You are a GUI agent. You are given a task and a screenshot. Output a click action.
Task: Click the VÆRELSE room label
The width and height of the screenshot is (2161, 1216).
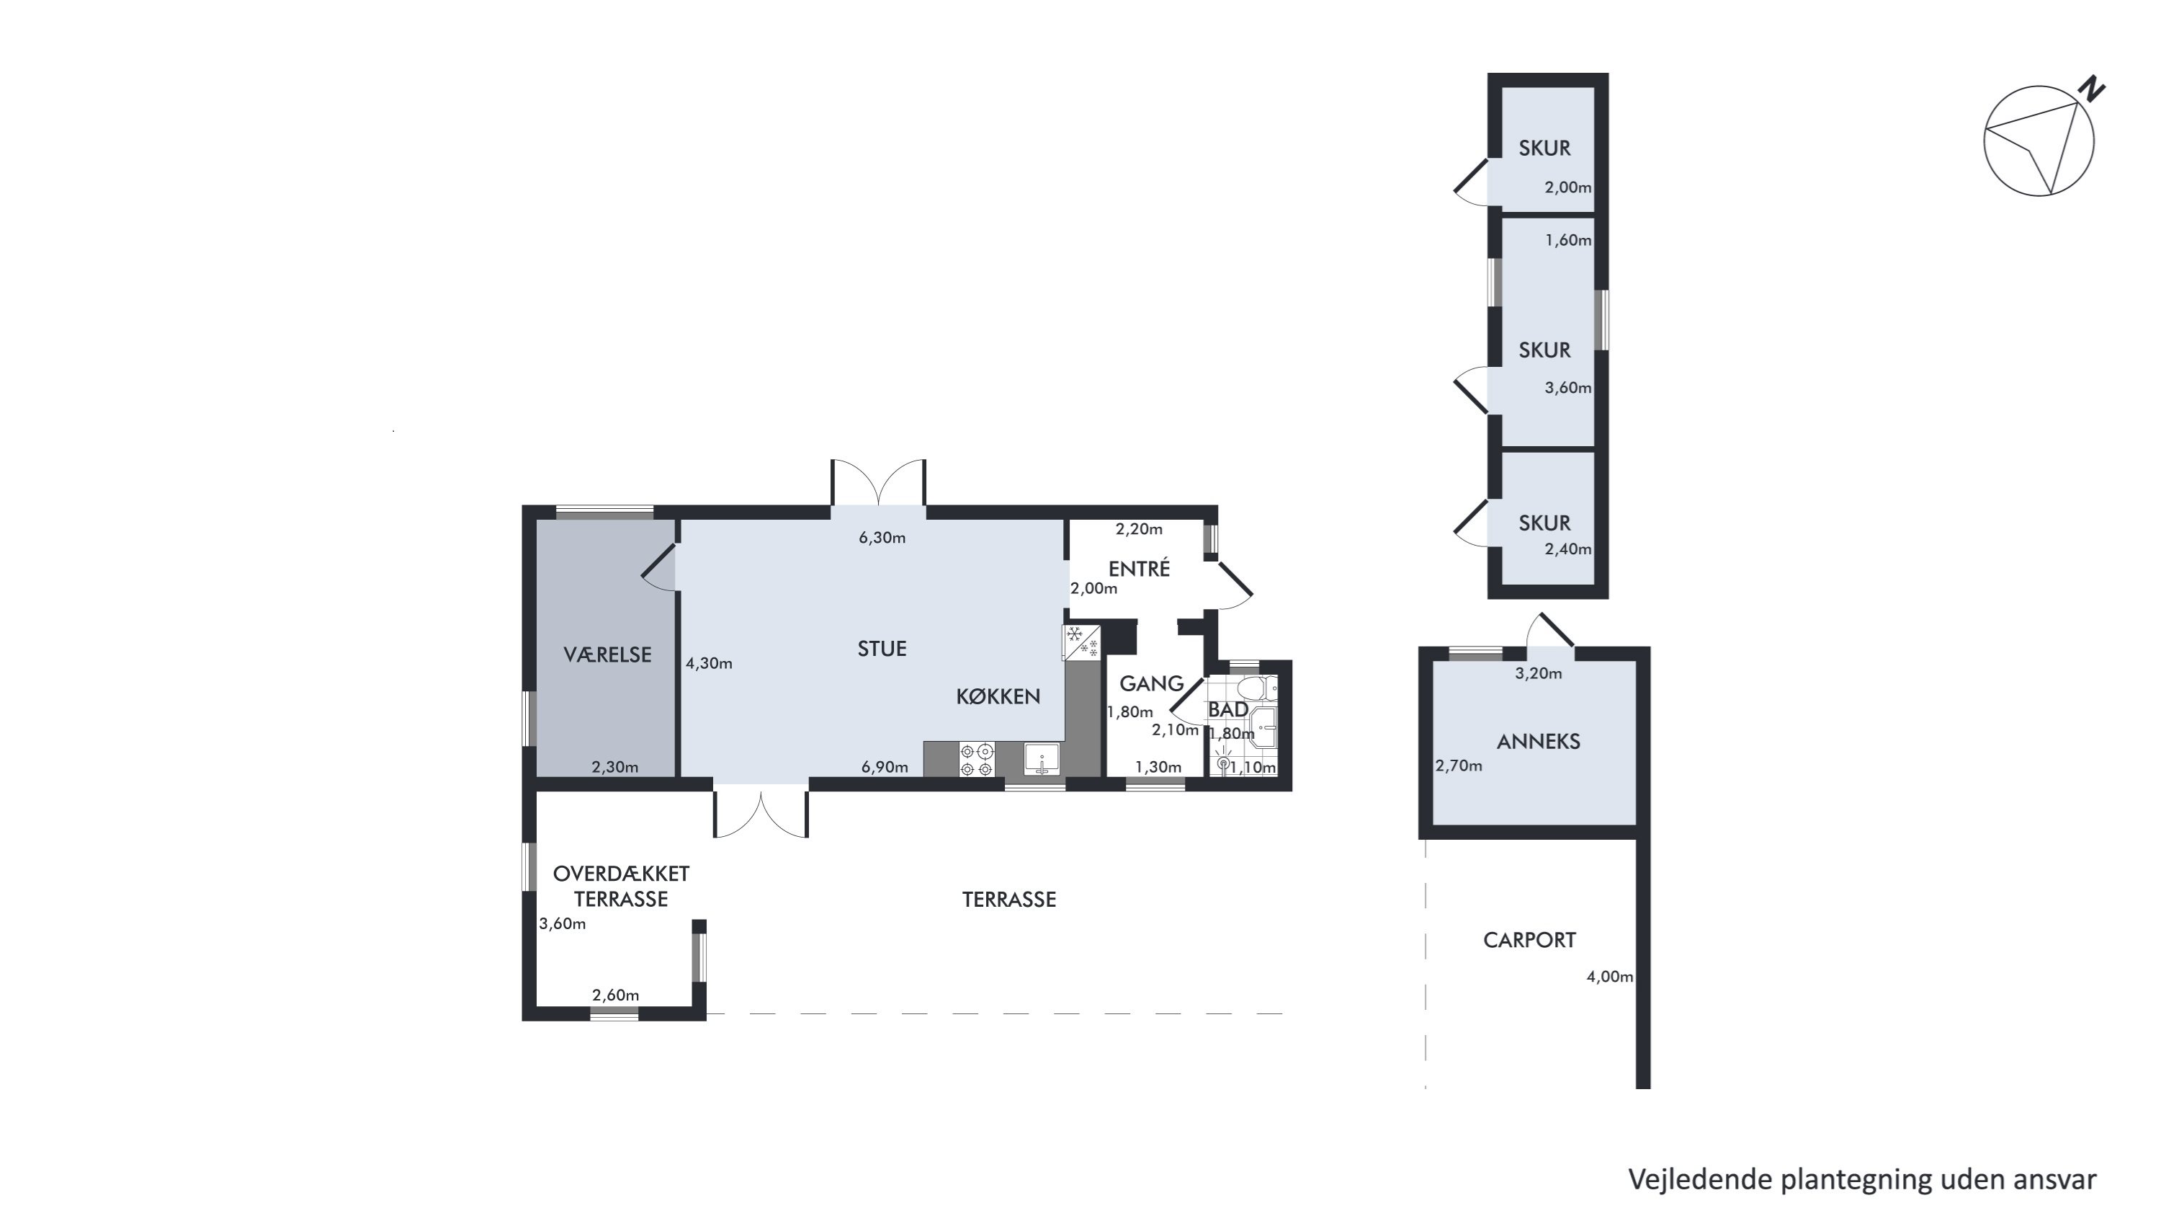click(x=607, y=654)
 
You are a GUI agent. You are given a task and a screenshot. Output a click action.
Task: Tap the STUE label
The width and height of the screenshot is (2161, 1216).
click(x=882, y=649)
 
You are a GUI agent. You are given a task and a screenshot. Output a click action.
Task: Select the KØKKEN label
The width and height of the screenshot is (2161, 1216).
click(x=998, y=696)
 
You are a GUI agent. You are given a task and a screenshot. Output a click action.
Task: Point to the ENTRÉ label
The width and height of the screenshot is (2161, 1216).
click(x=1138, y=569)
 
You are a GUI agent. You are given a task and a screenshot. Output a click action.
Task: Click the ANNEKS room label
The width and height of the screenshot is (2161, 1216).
click(x=1539, y=742)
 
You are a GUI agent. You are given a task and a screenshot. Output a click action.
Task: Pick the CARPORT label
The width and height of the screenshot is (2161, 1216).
click(x=1529, y=940)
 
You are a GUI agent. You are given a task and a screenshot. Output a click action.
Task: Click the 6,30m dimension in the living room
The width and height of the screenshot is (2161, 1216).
click(x=882, y=538)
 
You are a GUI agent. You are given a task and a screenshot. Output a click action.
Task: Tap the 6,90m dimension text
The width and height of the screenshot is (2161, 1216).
click(x=884, y=767)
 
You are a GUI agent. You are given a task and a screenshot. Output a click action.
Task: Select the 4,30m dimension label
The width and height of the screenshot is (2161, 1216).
click(x=709, y=664)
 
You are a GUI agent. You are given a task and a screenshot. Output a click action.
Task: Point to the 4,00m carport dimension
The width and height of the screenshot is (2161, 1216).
click(x=1610, y=977)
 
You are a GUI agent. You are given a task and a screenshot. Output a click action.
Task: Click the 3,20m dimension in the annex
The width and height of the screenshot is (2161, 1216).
click(x=1539, y=673)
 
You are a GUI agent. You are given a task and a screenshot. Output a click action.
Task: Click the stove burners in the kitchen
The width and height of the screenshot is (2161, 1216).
click(x=977, y=760)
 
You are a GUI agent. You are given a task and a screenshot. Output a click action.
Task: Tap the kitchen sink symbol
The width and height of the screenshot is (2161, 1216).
click(x=1041, y=760)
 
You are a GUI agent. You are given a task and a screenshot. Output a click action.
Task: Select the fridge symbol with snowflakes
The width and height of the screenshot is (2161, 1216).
click(x=1082, y=642)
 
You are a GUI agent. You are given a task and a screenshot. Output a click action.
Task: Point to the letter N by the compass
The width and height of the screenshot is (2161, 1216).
click(x=2094, y=89)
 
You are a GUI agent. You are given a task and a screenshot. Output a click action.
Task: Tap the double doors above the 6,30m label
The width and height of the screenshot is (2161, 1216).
click(x=878, y=482)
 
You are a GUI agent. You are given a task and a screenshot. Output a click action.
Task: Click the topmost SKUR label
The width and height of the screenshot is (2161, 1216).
click(x=1544, y=148)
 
